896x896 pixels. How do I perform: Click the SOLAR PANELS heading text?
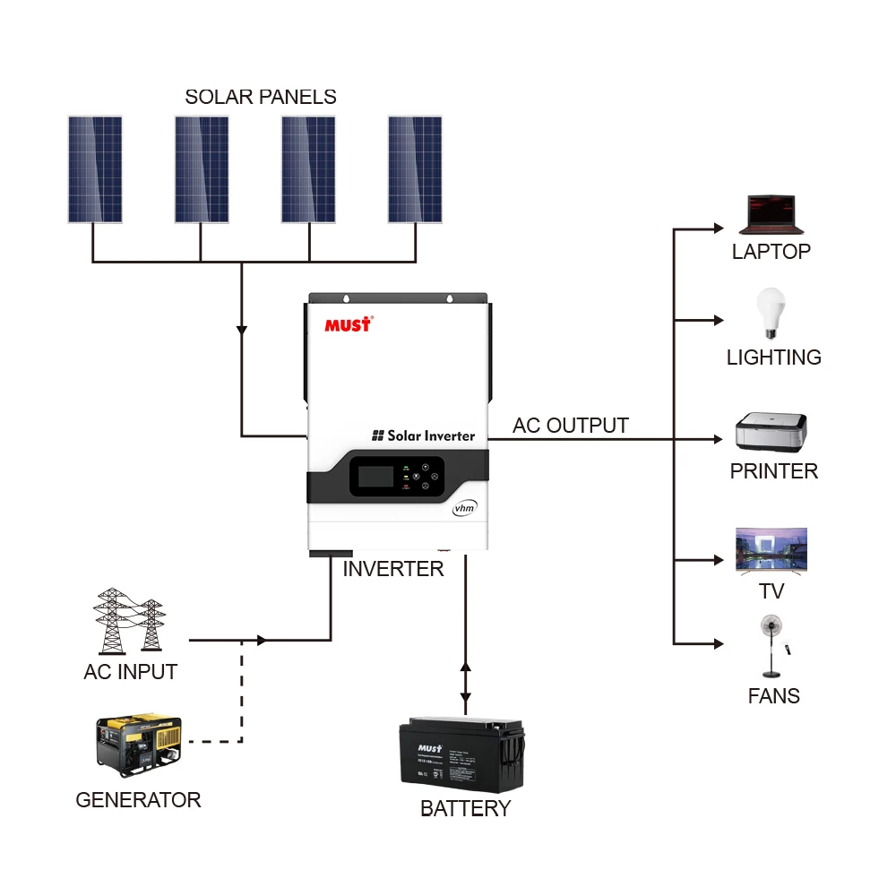click(261, 97)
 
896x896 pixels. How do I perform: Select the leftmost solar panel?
click(95, 169)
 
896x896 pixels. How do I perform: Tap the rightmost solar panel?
click(415, 169)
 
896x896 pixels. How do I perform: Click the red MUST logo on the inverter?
click(348, 324)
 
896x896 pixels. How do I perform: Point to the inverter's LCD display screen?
click(375, 475)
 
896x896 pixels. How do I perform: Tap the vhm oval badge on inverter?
click(463, 508)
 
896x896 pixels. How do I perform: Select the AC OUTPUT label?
click(571, 426)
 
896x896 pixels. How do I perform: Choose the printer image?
click(771, 432)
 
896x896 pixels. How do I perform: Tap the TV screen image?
click(771, 549)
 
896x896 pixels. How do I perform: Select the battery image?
click(461, 754)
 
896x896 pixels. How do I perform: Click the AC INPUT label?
click(131, 672)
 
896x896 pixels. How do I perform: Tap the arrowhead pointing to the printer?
click(717, 440)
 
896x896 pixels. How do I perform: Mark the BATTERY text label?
click(465, 809)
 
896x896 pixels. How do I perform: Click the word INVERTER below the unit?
click(393, 569)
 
